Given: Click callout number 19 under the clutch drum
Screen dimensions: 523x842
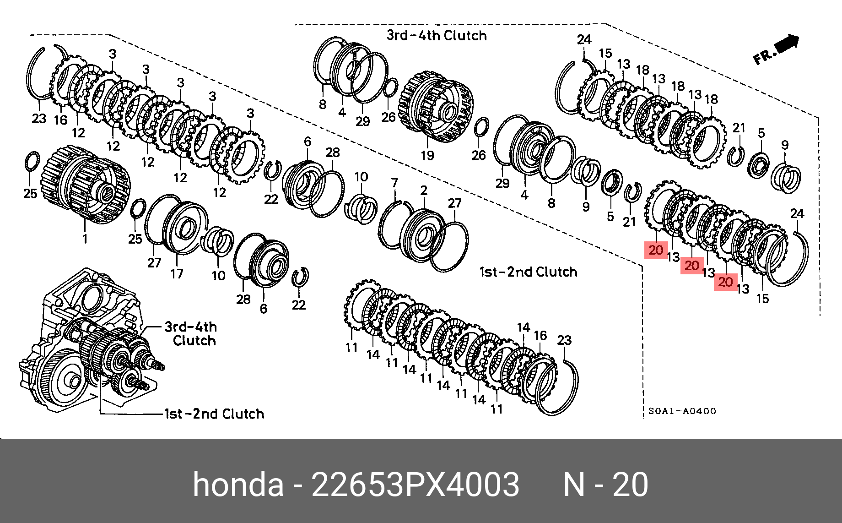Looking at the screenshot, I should coord(427,155).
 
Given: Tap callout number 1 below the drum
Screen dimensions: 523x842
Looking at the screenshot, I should coord(85,239).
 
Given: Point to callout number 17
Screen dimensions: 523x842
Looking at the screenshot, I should coord(177,274).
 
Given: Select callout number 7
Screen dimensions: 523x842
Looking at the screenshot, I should coord(394,183).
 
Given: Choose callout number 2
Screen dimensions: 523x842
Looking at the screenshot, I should coord(424,190).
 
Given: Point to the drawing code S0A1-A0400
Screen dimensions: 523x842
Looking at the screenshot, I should coord(682,411).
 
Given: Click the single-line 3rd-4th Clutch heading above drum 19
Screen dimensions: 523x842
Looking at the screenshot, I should coord(437,35).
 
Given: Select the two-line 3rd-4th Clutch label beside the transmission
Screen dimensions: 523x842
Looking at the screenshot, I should coord(191,333).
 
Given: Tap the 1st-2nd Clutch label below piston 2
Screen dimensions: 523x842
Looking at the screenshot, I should coord(528,272).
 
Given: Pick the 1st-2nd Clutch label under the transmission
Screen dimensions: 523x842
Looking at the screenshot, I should coord(214,414).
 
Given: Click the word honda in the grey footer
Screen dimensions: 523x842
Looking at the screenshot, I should coord(238,485).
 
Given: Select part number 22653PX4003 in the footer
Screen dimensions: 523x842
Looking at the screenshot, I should coord(415,485).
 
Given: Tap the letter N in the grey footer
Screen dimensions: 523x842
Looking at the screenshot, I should coord(574,485).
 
